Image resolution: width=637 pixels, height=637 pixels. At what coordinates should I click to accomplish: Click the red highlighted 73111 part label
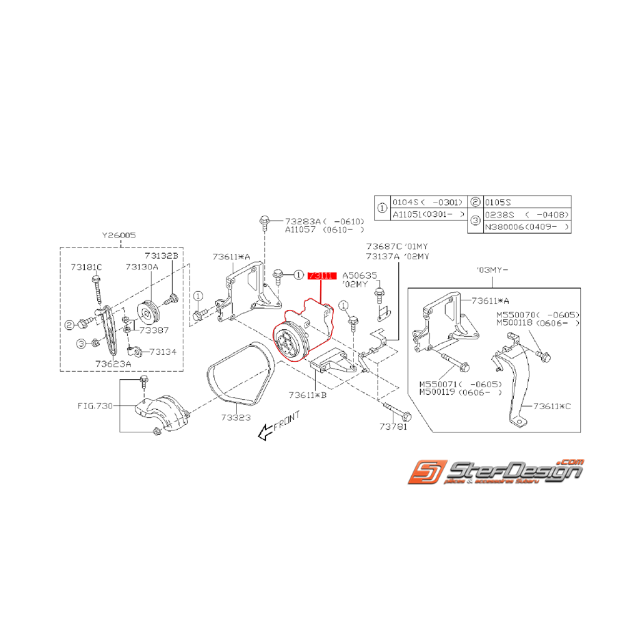322,276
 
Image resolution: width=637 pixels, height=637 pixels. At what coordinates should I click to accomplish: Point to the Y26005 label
119,235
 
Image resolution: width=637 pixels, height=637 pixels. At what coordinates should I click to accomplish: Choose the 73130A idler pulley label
141,267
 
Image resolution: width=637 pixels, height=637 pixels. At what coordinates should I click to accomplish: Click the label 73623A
113,364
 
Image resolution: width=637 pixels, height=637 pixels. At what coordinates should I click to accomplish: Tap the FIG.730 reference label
94,405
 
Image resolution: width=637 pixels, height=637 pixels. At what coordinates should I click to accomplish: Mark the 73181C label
87,267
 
